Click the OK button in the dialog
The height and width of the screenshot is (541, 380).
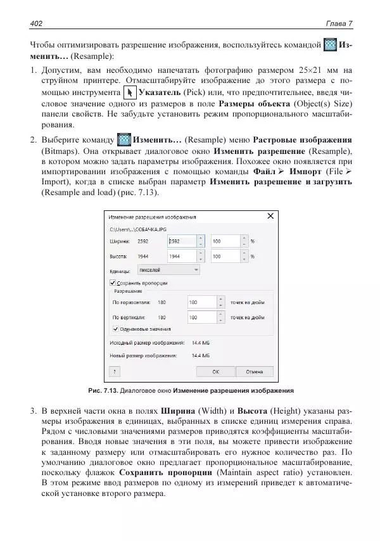215,372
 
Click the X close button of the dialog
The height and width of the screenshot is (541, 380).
270,216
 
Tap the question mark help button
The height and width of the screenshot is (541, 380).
115,372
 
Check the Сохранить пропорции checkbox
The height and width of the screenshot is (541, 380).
113,283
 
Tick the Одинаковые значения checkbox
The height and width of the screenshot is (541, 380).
115,329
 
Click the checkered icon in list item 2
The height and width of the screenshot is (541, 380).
124,139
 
